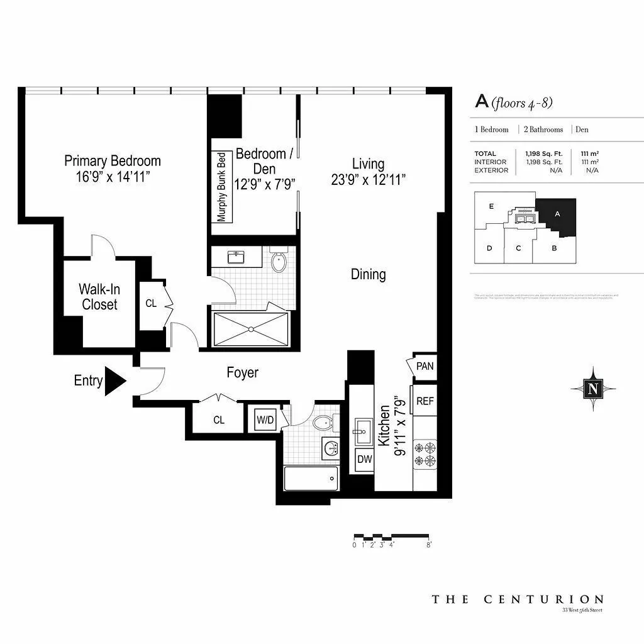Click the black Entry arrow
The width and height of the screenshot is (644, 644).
click(114, 381)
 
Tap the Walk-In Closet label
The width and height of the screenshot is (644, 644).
click(99, 297)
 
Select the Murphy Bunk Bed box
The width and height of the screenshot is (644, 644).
click(221, 187)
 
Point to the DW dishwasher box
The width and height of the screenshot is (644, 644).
click(364, 459)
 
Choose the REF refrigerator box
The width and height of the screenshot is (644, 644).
click(425, 401)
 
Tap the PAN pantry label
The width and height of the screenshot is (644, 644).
click(425, 365)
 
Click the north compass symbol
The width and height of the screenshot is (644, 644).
click(592, 388)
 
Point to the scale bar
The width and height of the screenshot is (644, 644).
click(392, 536)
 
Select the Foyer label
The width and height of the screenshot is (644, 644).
click(242, 373)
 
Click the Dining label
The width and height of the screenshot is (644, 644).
click(368, 274)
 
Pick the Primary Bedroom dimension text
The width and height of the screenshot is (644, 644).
click(113, 177)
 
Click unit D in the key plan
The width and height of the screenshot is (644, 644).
click(489, 248)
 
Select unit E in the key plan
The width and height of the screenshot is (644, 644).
click(491, 206)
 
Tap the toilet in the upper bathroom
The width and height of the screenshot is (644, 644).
click(278, 260)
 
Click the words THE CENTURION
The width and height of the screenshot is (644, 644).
click(517, 599)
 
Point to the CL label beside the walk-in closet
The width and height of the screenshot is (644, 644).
click(151, 303)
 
